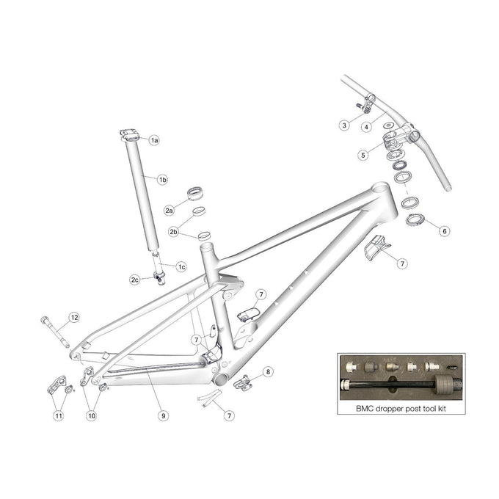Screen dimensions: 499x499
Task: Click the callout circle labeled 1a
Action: (155, 139)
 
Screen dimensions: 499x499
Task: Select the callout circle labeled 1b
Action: (163, 179)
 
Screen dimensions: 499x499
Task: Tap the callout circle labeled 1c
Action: (181, 267)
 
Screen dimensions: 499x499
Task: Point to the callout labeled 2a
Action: (169, 211)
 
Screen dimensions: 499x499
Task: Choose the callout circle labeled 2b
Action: (174, 232)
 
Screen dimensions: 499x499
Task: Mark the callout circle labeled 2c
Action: (135, 280)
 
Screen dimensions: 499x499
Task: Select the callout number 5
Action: (363, 155)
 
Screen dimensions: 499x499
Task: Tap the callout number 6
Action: (444, 230)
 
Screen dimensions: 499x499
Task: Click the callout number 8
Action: (268, 372)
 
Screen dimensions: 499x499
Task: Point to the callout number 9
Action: (163, 415)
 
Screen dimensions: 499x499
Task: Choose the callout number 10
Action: (92, 415)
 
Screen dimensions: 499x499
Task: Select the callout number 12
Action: (73, 317)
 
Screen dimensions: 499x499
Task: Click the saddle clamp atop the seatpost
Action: (130, 134)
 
